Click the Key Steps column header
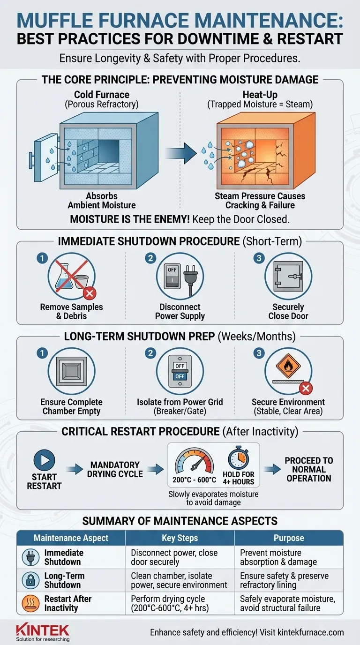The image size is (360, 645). coord(180,538)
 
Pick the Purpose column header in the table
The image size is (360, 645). coord(289,538)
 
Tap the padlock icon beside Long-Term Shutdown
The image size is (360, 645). coord(30,580)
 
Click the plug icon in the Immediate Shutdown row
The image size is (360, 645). coord(30,557)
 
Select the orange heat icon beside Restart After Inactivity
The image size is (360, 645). coord(30,603)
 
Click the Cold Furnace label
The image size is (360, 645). coord(102,95)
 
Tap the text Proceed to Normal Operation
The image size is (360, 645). coord(308,469)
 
